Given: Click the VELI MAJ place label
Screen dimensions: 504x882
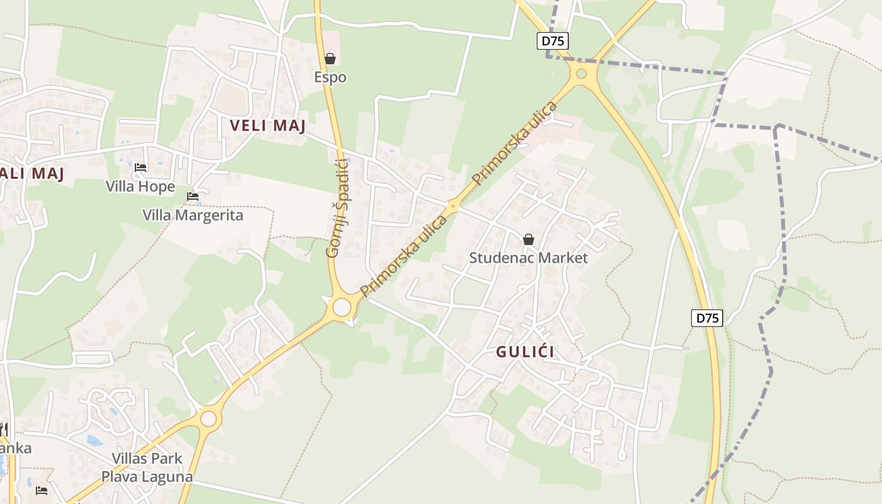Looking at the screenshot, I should pyautogui.click(x=268, y=125).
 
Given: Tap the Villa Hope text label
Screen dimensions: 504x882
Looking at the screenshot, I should pyautogui.click(x=140, y=186).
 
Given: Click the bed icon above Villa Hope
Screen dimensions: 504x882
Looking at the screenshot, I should pyautogui.click(x=140, y=168).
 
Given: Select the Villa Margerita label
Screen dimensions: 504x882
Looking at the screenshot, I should pyautogui.click(x=193, y=215).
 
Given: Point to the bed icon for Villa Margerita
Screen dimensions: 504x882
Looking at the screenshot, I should pyautogui.click(x=193, y=197).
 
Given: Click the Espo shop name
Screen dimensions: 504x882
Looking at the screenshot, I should pyautogui.click(x=330, y=77).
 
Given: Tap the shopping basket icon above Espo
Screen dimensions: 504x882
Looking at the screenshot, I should pyautogui.click(x=330, y=59).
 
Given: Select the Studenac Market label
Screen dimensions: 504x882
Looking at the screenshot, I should pyautogui.click(x=529, y=258).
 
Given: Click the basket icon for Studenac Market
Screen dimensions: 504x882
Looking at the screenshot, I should pyautogui.click(x=529, y=239).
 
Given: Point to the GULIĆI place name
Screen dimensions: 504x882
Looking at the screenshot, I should pyautogui.click(x=525, y=352).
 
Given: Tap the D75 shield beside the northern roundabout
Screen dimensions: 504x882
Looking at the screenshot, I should pyautogui.click(x=553, y=42).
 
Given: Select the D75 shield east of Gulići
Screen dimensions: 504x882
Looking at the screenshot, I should pyautogui.click(x=707, y=318).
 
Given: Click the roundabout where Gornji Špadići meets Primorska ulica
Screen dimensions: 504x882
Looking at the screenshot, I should pyautogui.click(x=341, y=307).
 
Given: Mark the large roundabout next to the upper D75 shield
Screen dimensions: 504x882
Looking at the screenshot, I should pyautogui.click(x=581, y=74).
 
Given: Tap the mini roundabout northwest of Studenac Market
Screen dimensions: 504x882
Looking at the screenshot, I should pyautogui.click(x=452, y=205).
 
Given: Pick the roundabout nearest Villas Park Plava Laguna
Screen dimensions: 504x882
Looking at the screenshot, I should pyautogui.click(x=208, y=418).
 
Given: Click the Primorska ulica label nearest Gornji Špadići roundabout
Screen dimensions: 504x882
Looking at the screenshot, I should pyautogui.click(x=403, y=255).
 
